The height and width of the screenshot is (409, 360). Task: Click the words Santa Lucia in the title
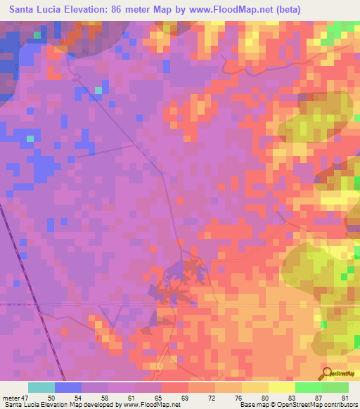[x=36, y=10]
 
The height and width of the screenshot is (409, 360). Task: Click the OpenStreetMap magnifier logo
[x=327, y=373]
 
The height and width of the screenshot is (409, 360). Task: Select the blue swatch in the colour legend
[x=68, y=387]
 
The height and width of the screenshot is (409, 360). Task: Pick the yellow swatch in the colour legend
[x=281, y=387]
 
